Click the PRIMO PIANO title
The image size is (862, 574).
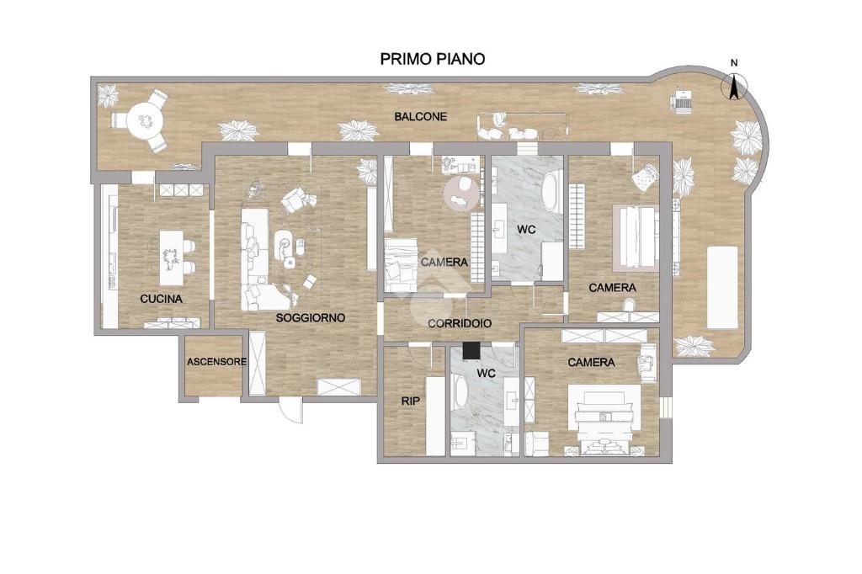(x=433, y=59)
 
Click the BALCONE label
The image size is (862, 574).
(x=421, y=116)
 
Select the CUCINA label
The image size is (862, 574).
(x=161, y=299)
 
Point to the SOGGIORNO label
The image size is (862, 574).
(x=311, y=318)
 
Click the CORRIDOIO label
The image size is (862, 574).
(x=460, y=324)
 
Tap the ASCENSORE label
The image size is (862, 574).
(x=216, y=362)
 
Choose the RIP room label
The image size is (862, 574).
(x=411, y=401)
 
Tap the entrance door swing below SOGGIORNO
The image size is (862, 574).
(x=290, y=410)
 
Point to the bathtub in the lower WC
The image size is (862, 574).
(x=460, y=391)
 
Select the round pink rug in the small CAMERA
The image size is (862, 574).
(x=461, y=193)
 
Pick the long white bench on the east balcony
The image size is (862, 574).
(x=722, y=287)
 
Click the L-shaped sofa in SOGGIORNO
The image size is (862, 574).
(x=263, y=259)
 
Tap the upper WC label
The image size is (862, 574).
(x=526, y=230)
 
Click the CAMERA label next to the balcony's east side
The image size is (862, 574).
(x=613, y=288)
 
